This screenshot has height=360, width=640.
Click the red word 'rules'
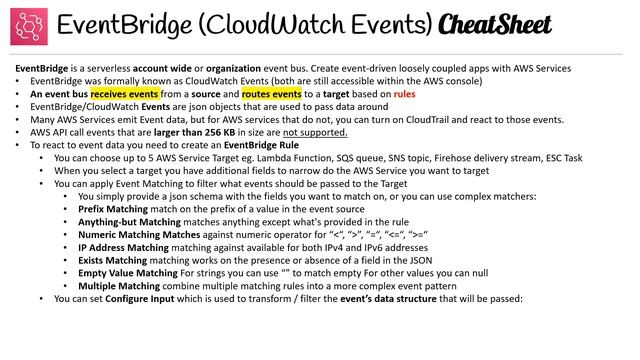tap(378, 94)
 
